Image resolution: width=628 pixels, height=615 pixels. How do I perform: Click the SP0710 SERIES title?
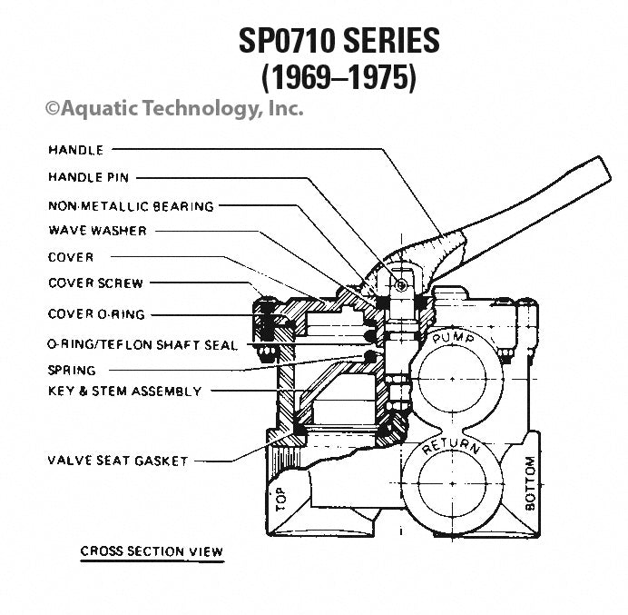(339, 41)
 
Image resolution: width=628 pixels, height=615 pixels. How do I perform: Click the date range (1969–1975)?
(339, 77)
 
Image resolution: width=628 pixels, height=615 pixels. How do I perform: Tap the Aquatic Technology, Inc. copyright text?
(174, 109)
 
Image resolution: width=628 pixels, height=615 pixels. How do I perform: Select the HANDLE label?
(75, 149)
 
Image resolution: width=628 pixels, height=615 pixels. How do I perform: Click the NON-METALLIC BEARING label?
(131, 206)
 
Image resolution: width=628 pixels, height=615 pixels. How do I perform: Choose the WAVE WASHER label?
(97, 231)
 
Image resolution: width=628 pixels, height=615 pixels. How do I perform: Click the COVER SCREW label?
(95, 283)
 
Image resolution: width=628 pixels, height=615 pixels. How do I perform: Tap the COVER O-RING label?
(96, 314)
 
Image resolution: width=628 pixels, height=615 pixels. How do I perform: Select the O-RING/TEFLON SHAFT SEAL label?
(142, 345)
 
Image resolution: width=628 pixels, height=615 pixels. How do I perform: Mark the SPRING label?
(72, 371)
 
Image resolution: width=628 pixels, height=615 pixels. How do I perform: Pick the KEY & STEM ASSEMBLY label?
(124, 392)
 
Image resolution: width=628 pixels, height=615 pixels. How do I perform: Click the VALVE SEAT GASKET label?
(117, 461)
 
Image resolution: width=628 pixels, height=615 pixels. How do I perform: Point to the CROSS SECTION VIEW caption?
(152, 551)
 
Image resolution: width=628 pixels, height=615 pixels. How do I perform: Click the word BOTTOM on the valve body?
(531, 482)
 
